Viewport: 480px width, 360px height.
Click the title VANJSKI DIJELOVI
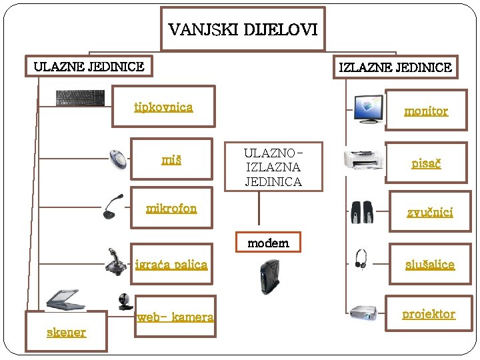tap(243, 30)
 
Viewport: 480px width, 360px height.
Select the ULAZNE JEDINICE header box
tap(89, 66)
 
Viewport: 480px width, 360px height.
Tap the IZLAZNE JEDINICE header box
tap(395, 67)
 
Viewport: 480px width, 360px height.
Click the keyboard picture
tap(80, 97)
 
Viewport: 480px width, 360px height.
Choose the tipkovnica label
tap(163, 107)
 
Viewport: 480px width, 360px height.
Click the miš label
tap(171, 159)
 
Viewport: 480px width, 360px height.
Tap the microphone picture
tap(113, 206)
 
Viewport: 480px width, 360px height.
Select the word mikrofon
tap(171, 208)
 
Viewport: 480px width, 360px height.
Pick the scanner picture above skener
tap(64, 298)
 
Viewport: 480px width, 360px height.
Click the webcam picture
tap(125, 302)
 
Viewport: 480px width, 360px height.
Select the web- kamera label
tap(175, 317)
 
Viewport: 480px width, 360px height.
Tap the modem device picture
tap(268, 276)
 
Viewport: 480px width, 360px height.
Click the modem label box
tap(268, 243)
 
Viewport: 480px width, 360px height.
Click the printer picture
tap(363, 160)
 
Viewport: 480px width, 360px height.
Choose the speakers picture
tap(364, 212)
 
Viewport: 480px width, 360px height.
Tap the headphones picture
tap(361, 259)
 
